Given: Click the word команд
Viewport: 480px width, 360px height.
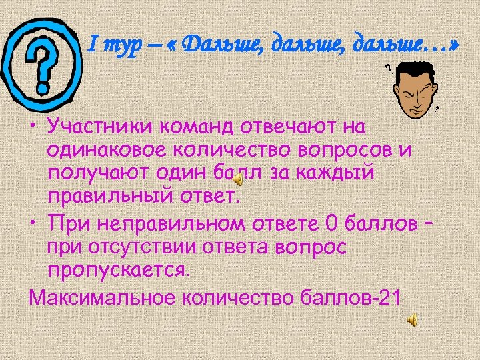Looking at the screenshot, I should coord(201,127).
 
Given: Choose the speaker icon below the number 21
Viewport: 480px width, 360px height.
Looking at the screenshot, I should coord(413,321).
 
